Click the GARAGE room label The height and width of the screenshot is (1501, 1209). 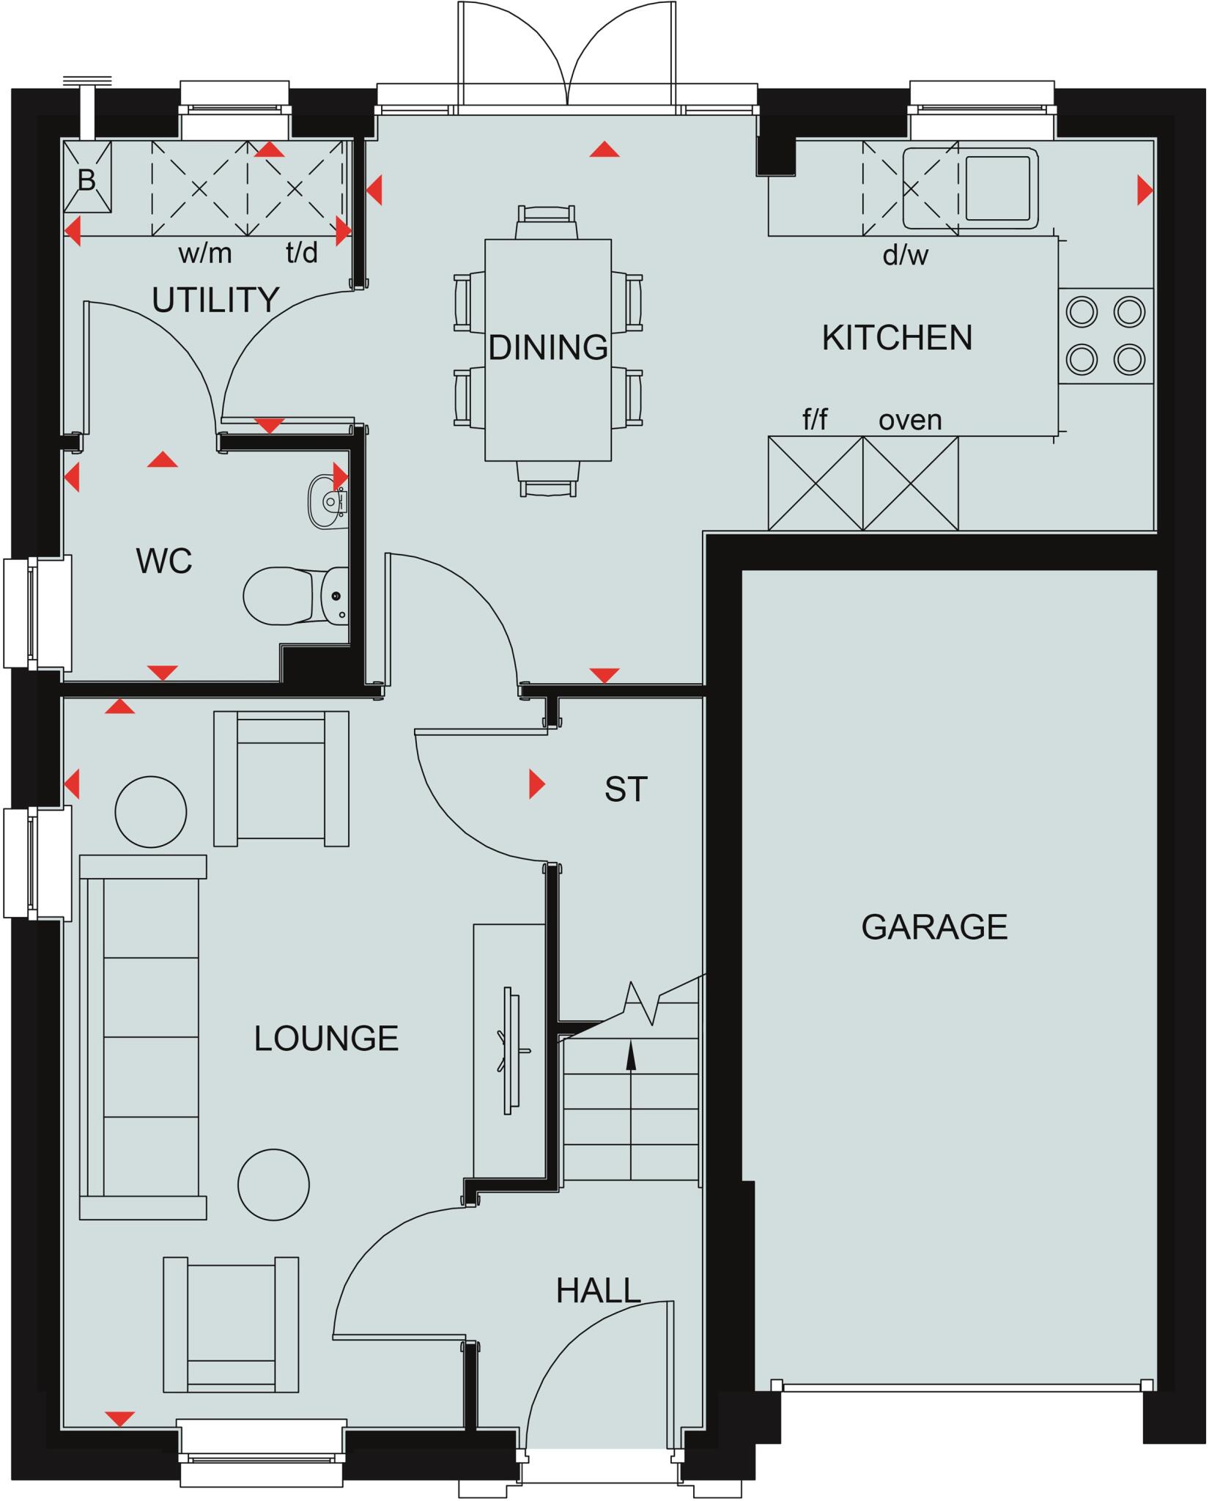pos(934,927)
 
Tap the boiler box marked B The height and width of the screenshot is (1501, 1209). pos(87,178)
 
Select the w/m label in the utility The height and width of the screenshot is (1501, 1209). pos(205,254)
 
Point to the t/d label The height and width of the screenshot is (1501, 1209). pos(302,253)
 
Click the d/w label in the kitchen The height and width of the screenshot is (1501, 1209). pos(906,255)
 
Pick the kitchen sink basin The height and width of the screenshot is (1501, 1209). pos(1001,188)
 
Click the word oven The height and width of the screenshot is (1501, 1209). pos(910,420)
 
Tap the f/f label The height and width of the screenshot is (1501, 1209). pos(815,420)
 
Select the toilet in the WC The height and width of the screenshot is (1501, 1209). pos(293,595)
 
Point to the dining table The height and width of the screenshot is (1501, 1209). pos(548,350)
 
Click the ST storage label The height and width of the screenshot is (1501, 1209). pos(626,789)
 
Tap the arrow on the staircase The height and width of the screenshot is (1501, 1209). pos(630,1055)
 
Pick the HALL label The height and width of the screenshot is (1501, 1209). pos(599,1291)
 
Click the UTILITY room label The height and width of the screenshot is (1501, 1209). pos(215,300)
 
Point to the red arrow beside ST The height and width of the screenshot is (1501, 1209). pos(537,783)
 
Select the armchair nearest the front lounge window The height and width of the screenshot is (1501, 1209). pos(231,1324)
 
